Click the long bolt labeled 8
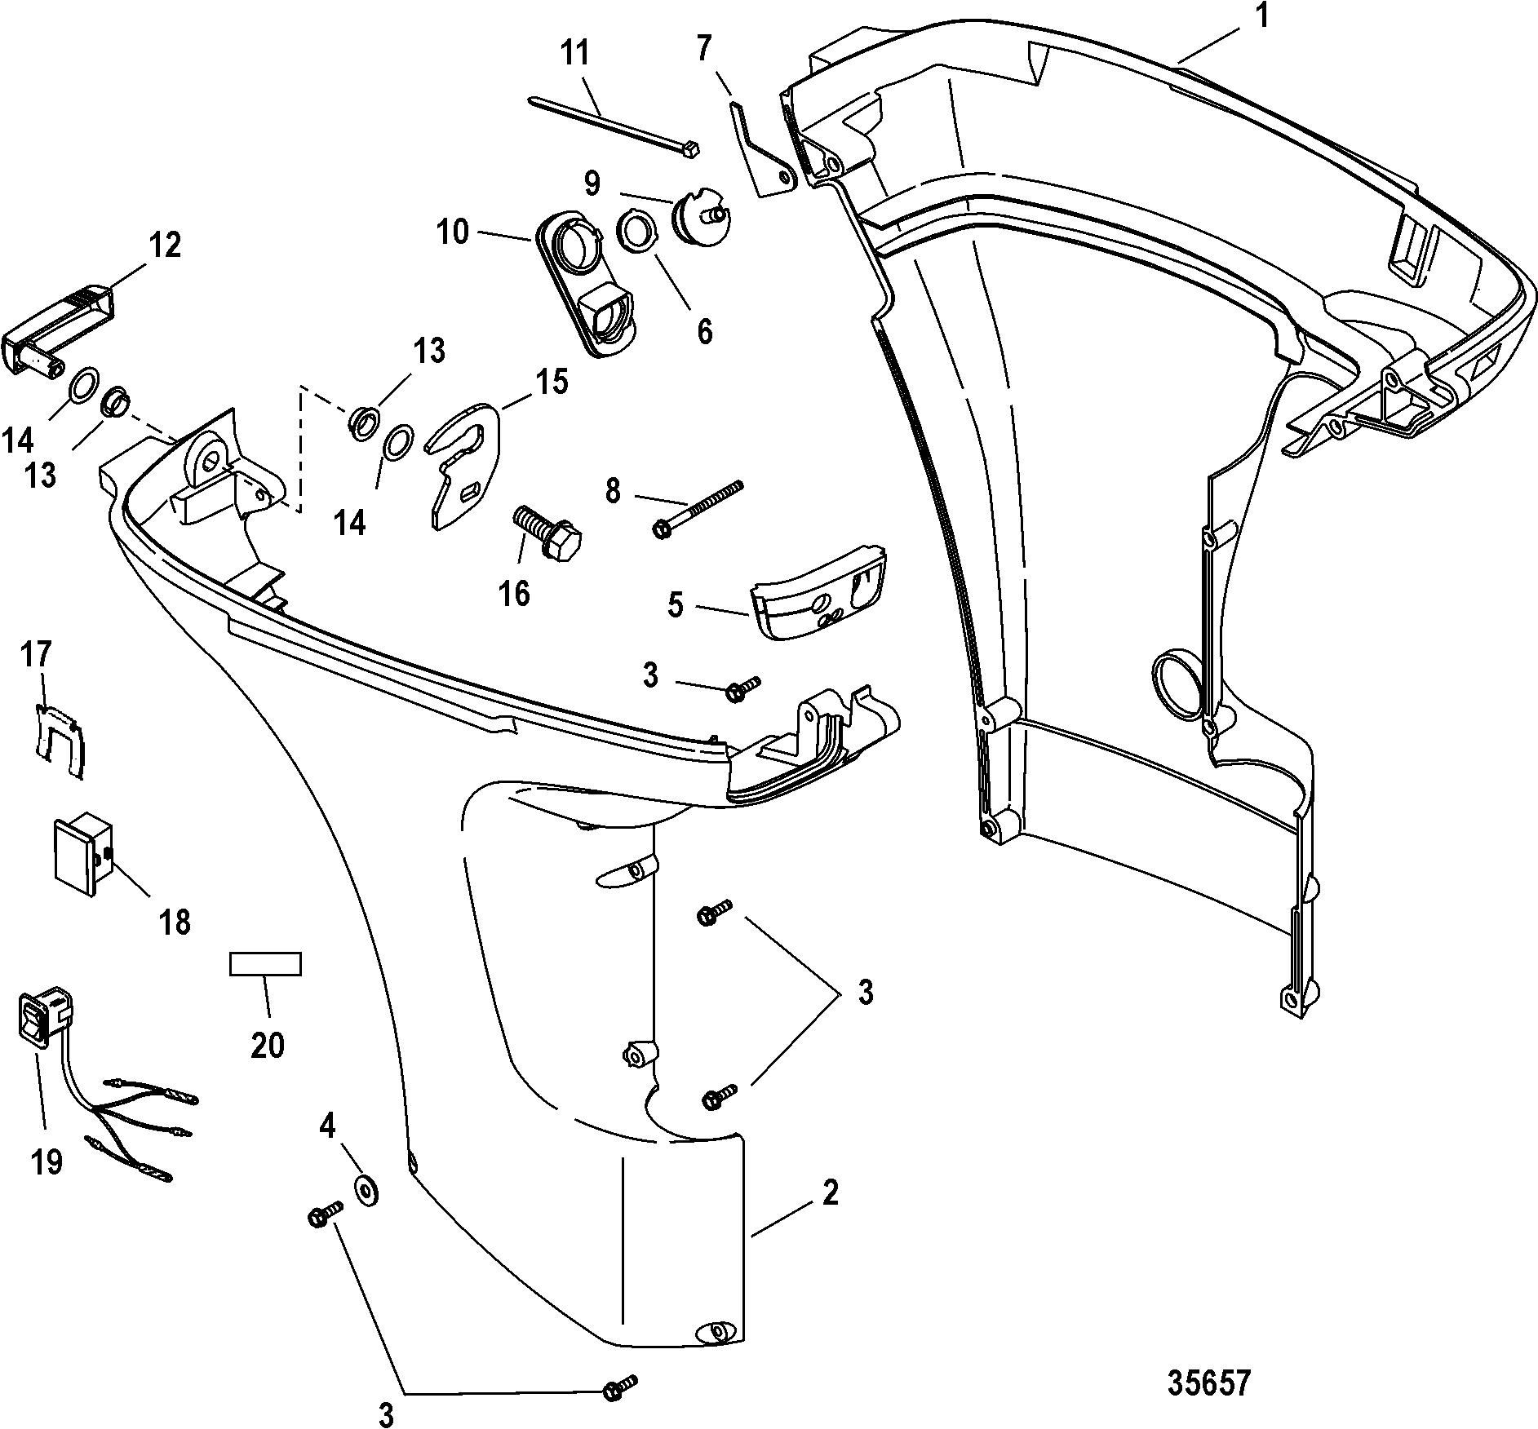point(699,507)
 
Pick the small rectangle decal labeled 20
point(265,963)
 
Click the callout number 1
point(1261,17)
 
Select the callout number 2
point(831,1193)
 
